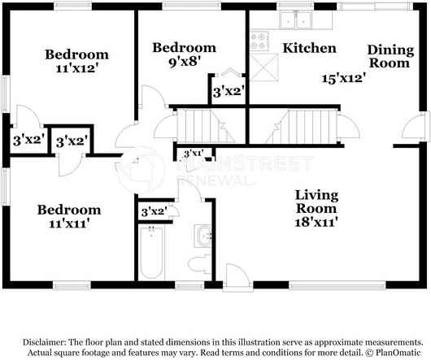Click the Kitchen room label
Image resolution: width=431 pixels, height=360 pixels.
[309, 48]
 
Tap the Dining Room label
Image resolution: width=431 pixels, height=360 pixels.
[390, 56]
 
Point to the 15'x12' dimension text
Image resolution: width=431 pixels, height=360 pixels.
[342, 79]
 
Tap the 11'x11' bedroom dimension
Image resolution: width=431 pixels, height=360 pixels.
[69, 225]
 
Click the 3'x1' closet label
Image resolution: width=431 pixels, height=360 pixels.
[192, 154]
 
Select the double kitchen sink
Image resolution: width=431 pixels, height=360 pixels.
[294, 20]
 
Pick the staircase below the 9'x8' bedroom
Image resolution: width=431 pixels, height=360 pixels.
[200, 126]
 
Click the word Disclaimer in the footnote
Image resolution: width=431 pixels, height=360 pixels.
[50, 342]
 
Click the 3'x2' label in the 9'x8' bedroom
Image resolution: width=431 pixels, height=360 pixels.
[228, 92]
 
